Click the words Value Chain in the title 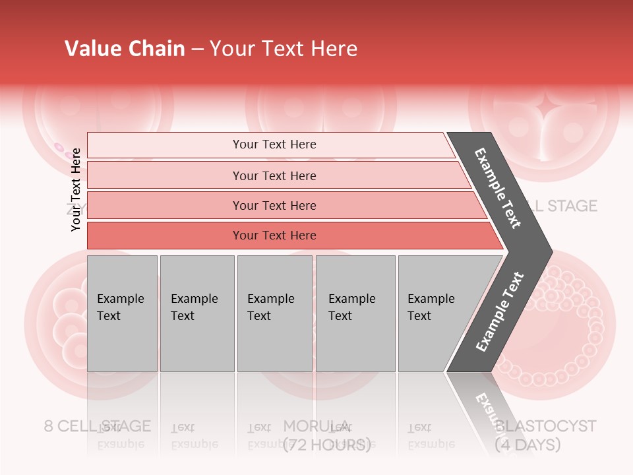point(125,49)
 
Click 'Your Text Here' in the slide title point(284,49)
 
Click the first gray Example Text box point(122,313)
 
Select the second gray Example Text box point(196,313)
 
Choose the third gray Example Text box point(274,313)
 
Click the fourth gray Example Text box point(355,313)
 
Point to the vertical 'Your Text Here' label point(76,189)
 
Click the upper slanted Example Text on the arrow point(498,188)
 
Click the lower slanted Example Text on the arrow point(500,311)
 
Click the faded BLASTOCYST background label point(545,426)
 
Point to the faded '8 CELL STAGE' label point(98,426)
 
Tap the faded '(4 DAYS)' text point(527,445)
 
